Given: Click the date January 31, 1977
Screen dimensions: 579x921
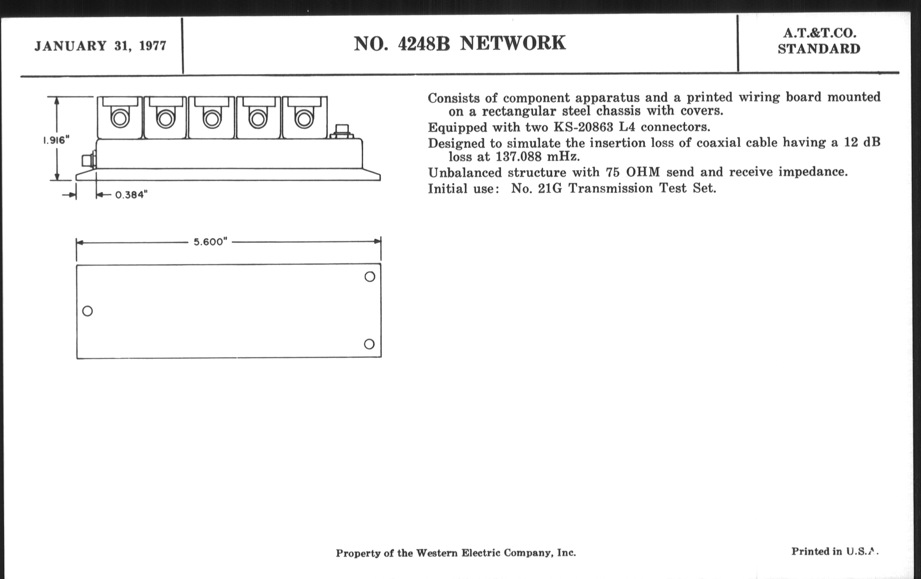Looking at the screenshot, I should click(100, 46).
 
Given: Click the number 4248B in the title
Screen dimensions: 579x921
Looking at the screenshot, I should click(424, 44).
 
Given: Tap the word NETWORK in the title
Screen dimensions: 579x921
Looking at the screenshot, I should click(512, 43).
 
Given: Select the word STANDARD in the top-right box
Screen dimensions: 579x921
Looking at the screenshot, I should click(819, 49).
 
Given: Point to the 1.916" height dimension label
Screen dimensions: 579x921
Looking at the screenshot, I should click(56, 140).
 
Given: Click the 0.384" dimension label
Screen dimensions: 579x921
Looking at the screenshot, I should click(131, 195).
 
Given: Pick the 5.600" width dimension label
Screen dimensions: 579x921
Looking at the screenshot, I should click(210, 242).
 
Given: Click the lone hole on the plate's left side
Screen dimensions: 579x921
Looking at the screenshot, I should click(87, 311).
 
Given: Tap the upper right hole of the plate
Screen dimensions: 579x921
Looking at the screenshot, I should click(370, 277).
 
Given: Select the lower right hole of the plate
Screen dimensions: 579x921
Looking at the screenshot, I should click(369, 344).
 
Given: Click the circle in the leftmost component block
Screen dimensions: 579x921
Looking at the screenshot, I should click(120, 118).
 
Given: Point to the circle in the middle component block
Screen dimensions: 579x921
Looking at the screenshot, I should click(212, 119).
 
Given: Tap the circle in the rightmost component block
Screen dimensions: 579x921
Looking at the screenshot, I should click(304, 119).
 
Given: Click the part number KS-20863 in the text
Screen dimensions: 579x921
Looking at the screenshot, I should click(583, 127).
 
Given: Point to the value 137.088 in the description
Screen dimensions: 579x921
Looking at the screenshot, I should click(519, 157).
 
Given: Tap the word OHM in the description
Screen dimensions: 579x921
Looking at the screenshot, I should click(643, 172).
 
